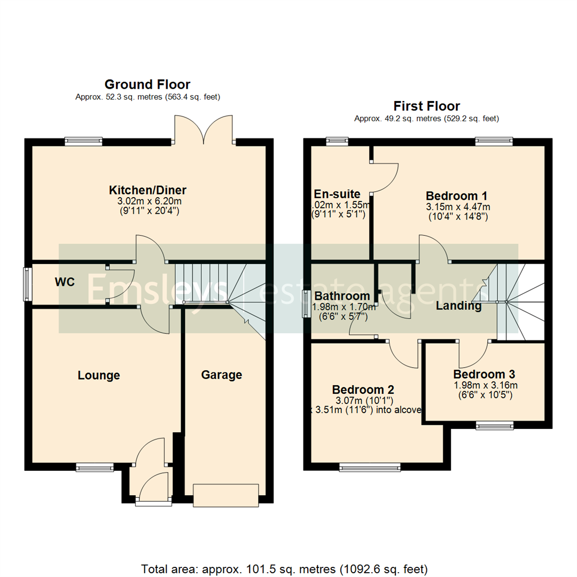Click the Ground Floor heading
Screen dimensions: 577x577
coord(147,84)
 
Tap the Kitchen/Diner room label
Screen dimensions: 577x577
coord(147,190)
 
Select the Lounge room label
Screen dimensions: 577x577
coord(99,376)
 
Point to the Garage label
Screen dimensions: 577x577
coord(222,375)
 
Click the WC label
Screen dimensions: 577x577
coord(65,282)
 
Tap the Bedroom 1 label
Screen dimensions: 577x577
coord(456,195)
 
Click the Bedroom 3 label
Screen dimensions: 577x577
coord(485,375)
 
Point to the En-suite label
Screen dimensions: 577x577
coord(337,194)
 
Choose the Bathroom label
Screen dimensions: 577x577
coord(342,296)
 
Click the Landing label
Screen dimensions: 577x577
coord(458,306)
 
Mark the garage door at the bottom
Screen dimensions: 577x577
coord(226,495)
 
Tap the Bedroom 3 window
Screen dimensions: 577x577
coord(495,425)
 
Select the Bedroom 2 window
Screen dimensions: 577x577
coord(369,468)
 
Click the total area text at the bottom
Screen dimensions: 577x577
coord(284,568)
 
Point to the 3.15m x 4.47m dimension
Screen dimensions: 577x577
coord(458,207)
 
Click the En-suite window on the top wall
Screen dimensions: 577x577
coord(337,142)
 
